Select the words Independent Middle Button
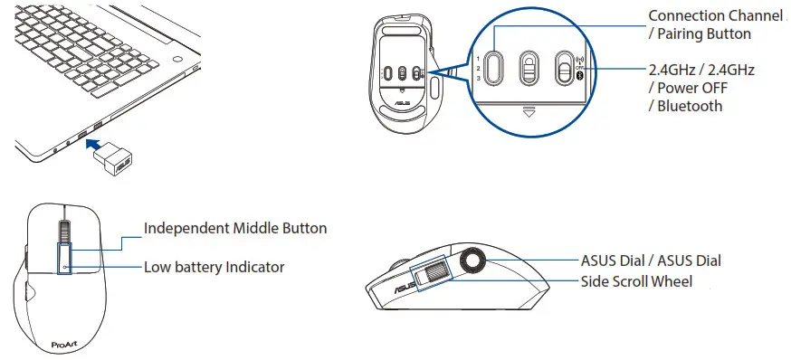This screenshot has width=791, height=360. (x=235, y=228)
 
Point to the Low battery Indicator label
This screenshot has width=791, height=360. (x=214, y=267)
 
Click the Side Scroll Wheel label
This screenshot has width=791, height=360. (x=636, y=281)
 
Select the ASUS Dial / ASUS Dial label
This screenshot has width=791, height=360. (x=651, y=261)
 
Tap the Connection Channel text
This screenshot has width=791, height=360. (x=714, y=15)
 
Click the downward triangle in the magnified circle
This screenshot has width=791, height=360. (x=530, y=112)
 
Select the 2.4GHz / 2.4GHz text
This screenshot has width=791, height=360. (x=701, y=70)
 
